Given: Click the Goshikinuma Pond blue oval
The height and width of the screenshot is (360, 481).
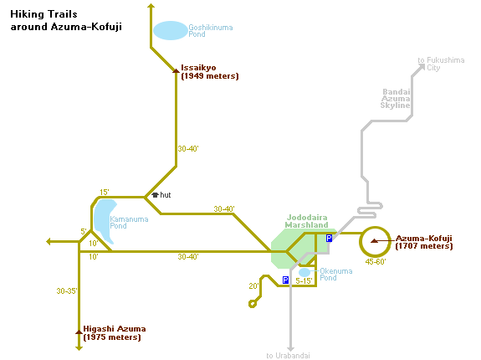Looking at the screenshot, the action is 171,30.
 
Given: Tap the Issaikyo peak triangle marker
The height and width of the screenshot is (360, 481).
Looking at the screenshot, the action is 176,71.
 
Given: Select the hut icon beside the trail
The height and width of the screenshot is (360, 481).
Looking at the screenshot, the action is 155,195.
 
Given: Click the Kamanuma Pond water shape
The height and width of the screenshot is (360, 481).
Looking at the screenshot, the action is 105,220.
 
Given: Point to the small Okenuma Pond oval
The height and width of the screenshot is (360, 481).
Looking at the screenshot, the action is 304,272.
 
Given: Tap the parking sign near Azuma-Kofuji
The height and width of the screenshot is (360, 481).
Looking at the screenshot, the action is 329,238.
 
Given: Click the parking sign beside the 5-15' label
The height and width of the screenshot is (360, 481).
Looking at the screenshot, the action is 285,280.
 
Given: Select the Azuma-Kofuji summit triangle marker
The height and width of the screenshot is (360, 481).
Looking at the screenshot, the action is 374,241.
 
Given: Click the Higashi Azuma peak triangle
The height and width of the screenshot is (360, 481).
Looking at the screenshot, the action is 79,332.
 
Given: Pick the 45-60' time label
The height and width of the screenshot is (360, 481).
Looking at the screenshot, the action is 376,262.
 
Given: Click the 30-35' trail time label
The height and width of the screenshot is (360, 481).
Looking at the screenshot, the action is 67,291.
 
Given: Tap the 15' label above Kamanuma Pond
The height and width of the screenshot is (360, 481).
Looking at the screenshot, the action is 105,192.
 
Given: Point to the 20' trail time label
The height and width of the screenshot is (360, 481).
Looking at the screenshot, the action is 253,286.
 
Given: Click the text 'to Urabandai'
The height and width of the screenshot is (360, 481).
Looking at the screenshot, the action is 288,356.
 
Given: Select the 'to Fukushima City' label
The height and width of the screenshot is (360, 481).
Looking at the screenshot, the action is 441,64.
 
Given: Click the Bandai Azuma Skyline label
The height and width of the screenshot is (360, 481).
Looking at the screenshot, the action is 396,99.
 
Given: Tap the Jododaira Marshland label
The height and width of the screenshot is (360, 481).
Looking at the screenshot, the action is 306,221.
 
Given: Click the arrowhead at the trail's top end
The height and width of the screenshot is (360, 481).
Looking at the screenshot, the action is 151,6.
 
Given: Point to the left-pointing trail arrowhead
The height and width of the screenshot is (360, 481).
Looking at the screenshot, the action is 49,242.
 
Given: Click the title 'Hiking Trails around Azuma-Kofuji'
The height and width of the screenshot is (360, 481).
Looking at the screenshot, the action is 66,20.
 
